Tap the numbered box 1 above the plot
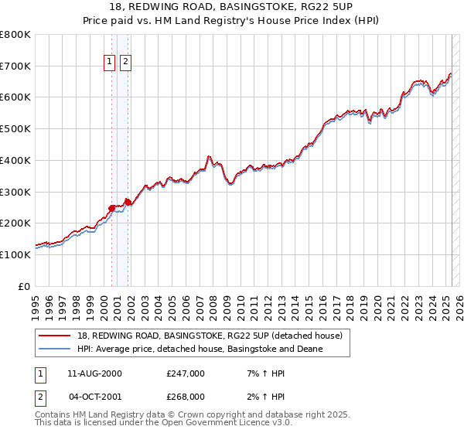click(x=109, y=63)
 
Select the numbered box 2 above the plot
click(x=125, y=63)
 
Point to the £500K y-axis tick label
click(x=15, y=128)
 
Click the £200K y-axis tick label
click(x=15, y=223)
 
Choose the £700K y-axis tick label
click(x=15, y=66)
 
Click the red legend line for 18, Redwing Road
click(x=56, y=335)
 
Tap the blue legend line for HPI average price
click(x=56, y=349)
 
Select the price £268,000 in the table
click(x=185, y=397)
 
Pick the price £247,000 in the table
click(x=185, y=374)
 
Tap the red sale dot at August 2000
click(x=111, y=208)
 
